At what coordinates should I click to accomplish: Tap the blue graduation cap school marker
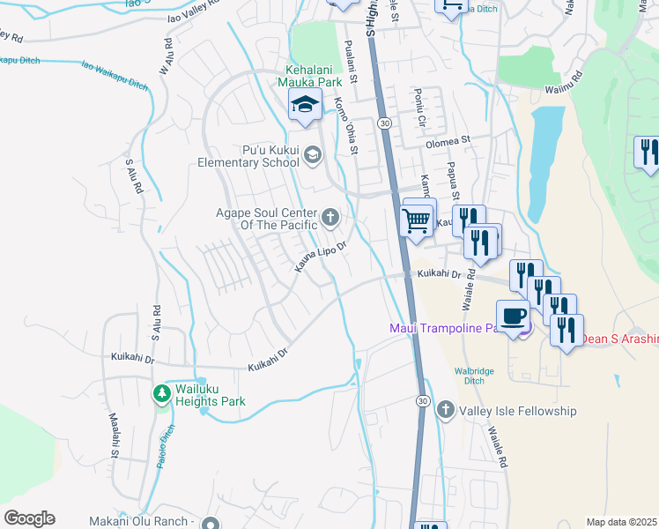coord(305,106)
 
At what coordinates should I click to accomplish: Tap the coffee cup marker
coord(513,315)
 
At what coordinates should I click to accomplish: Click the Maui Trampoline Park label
coord(449,329)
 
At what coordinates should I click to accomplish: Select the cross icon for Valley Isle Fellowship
coord(446,410)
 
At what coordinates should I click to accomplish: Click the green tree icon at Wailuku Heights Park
coord(161,392)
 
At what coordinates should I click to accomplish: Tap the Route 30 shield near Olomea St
coord(384,123)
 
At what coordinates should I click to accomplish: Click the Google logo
coord(29,518)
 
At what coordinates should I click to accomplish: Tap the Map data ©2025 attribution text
coord(621,522)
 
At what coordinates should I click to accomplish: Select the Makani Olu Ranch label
coord(142,522)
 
